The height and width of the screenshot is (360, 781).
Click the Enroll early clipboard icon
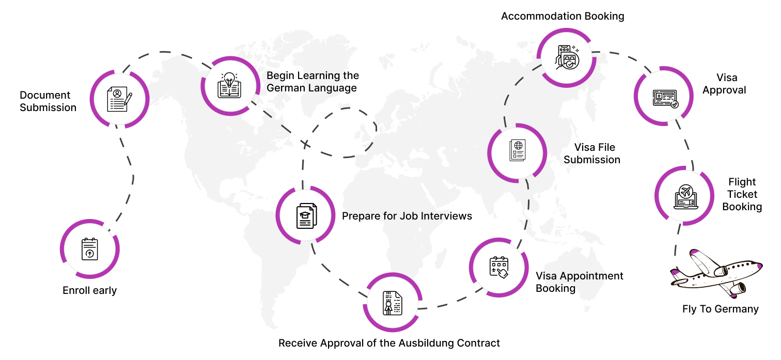(90, 249)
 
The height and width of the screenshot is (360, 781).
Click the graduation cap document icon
(306, 215)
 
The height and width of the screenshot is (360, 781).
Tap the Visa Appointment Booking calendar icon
(498, 267)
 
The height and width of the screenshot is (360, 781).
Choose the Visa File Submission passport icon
(517, 152)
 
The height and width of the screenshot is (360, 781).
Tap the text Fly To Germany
(720, 309)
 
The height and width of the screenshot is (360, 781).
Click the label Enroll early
(90, 290)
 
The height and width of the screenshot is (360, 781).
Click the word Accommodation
(538, 16)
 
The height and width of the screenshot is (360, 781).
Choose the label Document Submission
(48, 101)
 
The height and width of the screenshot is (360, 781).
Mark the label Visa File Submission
(592, 153)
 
